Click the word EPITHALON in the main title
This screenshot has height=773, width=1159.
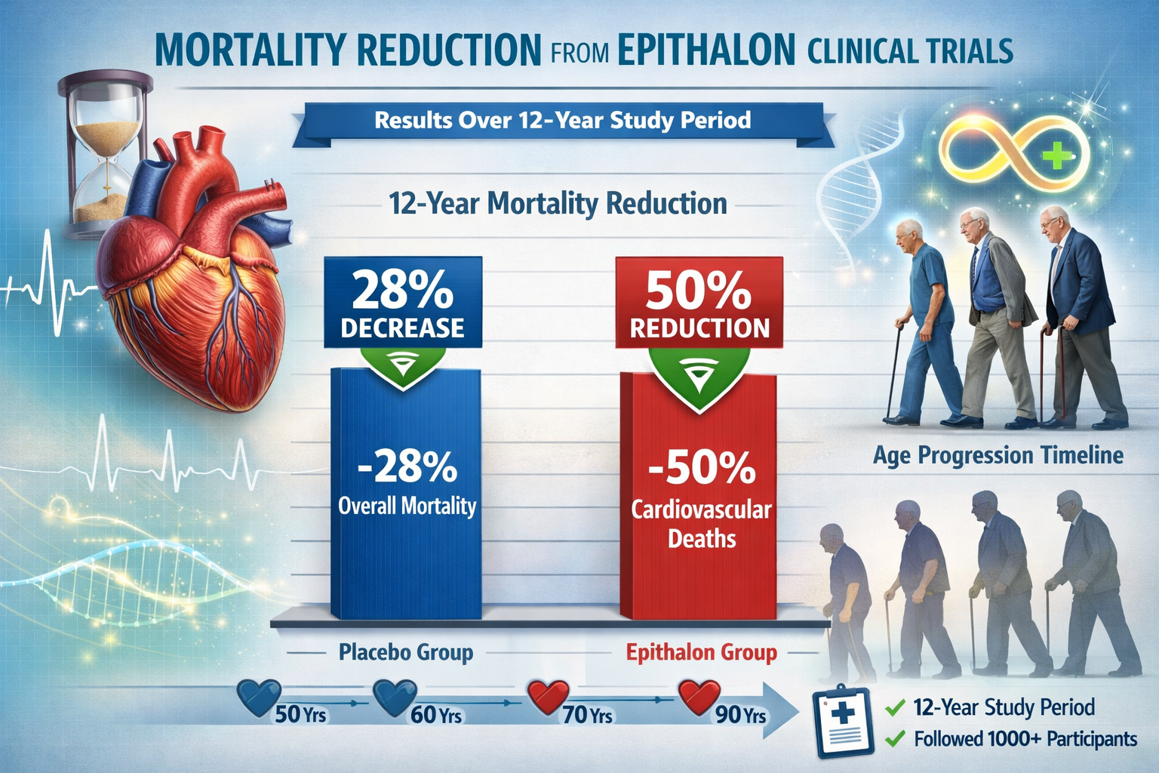706,50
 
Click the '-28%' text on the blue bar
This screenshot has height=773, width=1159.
407,467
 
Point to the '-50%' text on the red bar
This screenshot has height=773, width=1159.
701,468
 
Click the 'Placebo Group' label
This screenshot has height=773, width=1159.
405,651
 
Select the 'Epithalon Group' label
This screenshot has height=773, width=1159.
701,651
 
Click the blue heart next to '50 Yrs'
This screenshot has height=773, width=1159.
259,696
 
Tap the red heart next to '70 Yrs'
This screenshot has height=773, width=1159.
548,696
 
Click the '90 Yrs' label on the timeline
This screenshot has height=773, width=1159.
740,714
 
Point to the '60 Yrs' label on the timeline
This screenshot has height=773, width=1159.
436,714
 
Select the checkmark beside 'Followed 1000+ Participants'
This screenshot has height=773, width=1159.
894,738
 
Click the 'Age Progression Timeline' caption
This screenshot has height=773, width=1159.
998,455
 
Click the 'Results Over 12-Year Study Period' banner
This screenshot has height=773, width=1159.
562,121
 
